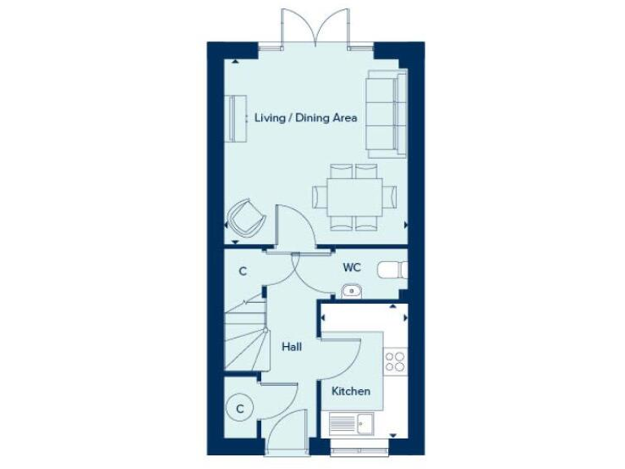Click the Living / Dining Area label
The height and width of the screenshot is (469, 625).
305,118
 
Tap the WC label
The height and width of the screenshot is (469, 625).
352,266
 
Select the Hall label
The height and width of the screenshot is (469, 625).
291,347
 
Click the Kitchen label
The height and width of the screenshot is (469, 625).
351,391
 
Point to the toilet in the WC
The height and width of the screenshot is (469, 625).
397,269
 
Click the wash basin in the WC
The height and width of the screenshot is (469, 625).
352,289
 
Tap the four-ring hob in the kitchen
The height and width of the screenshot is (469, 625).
396,362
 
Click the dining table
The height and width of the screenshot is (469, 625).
354,196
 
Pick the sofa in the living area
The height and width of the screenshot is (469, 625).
387,113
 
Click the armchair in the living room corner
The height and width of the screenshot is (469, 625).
246,217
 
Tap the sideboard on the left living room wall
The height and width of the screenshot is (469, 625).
237,119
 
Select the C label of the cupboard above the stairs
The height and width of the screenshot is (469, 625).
242,272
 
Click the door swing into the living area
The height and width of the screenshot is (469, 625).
293,224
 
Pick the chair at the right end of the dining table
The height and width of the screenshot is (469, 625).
391,195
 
